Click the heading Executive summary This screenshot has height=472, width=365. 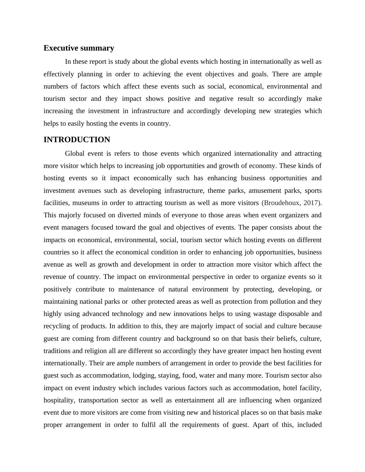79,48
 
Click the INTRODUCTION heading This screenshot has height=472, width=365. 77,140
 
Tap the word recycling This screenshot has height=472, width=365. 57,326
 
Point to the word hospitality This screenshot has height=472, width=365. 59,400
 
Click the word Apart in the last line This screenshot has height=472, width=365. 261,425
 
